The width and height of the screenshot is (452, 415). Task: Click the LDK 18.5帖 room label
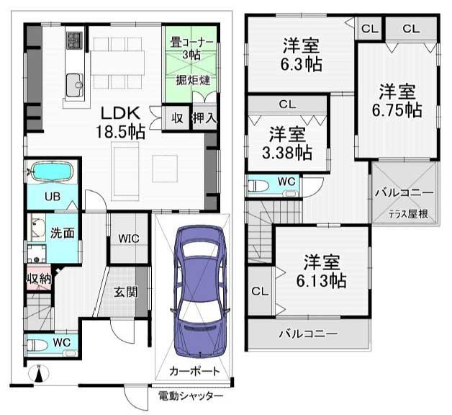tap(120, 122)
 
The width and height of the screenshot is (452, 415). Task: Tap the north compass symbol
tap(39, 374)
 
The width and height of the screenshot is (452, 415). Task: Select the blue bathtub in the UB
tap(52, 172)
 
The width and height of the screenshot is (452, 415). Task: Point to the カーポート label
tap(194, 371)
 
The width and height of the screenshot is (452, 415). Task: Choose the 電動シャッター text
tap(191, 396)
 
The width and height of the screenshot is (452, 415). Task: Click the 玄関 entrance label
tap(126, 292)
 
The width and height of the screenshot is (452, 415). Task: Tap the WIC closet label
tap(129, 238)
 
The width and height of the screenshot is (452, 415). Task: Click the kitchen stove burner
tap(75, 40)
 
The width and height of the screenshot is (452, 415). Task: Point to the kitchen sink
tap(75, 85)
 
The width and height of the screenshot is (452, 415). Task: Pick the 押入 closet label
tap(204, 117)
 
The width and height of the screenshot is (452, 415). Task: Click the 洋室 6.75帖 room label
tap(397, 100)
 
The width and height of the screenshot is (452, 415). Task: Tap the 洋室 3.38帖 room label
tap(287, 143)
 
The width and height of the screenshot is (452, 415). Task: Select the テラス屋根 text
tap(409, 214)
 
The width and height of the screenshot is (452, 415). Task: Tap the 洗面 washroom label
tap(63, 233)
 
